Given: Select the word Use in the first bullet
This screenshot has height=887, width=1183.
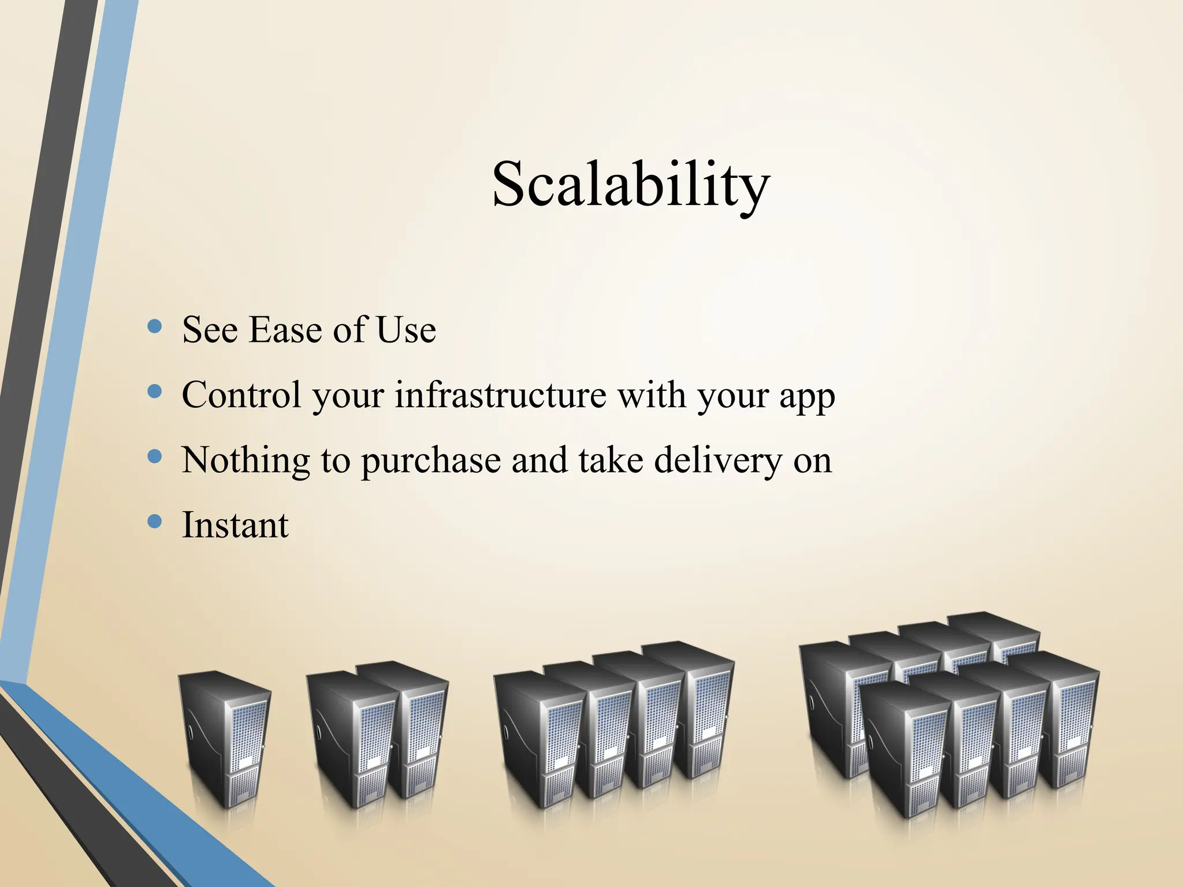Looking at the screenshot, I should pyautogui.click(x=406, y=330).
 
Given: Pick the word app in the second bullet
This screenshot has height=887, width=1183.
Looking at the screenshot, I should pyautogui.click(x=807, y=398).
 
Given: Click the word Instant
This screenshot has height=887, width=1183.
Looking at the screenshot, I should pyautogui.click(x=235, y=526).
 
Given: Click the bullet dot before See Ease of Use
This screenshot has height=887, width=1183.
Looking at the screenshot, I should pyautogui.click(x=154, y=327).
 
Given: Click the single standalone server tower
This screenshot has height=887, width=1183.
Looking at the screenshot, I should pyautogui.click(x=224, y=739).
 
